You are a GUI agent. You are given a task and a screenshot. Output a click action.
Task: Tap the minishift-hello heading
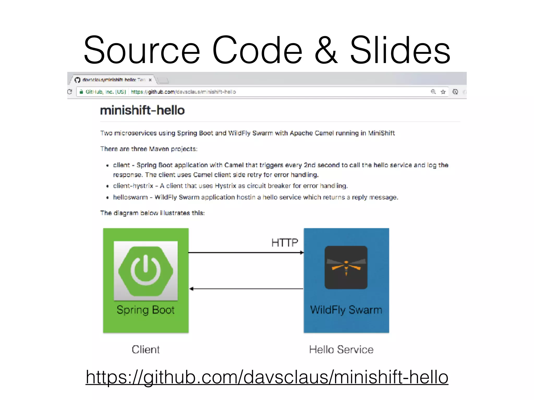click(x=142, y=110)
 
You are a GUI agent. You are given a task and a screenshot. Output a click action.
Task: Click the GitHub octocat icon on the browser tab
click(x=77, y=80)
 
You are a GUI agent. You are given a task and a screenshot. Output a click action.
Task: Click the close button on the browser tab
click(x=150, y=80)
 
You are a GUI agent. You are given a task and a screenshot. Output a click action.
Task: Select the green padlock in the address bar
click(x=81, y=92)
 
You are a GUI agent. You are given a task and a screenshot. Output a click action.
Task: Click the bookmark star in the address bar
click(x=443, y=92)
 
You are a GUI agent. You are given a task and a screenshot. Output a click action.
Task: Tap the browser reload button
click(x=70, y=92)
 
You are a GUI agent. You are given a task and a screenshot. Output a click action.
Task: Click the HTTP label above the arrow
click(x=284, y=243)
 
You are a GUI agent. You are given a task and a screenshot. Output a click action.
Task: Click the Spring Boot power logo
click(x=146, y=271)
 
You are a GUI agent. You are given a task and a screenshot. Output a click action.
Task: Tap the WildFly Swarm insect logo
click(x=346, y=267)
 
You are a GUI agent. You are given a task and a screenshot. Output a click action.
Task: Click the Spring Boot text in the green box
click(x=145, y=310)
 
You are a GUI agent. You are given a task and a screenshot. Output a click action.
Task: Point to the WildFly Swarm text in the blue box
click(x=346, y=310)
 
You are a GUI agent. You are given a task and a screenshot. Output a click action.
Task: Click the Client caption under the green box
click(x=145, y=349)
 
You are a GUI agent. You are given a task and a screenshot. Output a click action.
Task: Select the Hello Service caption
click(x=341, y=349)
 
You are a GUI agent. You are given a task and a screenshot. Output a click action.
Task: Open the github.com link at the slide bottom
click(x=267, y=377)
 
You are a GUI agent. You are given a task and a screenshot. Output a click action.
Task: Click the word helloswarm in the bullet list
click(x=130, y=197)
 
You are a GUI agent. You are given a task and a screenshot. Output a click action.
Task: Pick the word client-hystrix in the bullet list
click(x=133, y=186)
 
